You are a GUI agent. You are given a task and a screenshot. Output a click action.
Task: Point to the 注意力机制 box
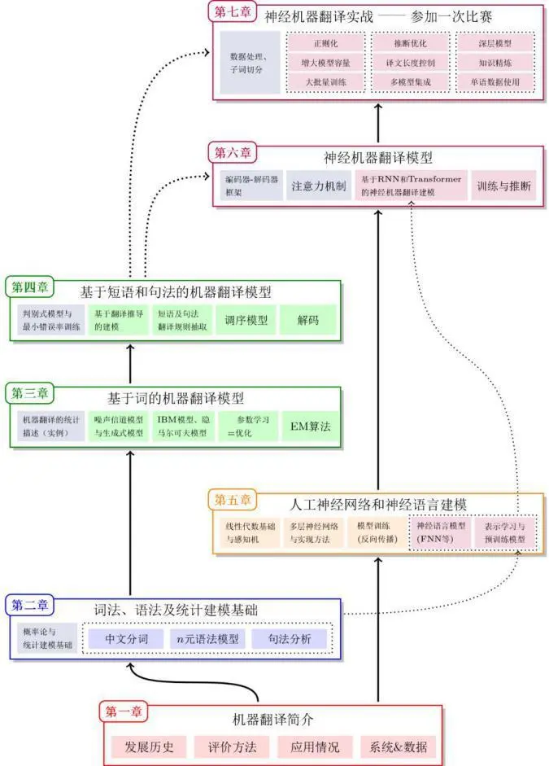(318, 186)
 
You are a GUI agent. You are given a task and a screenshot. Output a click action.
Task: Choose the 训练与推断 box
(504, 186)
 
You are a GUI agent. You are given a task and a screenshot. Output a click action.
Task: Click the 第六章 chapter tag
(232, 152)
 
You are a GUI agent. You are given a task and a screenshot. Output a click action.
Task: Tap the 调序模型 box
(246, 320)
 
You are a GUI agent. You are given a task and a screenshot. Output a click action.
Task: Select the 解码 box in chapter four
(308, 320)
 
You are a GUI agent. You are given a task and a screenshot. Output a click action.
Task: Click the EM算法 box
(310, 426)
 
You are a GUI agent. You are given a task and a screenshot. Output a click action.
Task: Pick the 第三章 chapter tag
(30, 392)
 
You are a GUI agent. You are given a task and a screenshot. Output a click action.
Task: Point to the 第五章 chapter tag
(233, 498)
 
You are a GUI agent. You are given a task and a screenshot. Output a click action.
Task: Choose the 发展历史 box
(148, 746)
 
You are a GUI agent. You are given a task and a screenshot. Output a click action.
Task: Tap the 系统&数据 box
(398, 746)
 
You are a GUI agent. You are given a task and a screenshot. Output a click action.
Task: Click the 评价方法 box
(232, 746)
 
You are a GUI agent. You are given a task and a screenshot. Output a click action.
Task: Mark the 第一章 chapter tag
(123, 711)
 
